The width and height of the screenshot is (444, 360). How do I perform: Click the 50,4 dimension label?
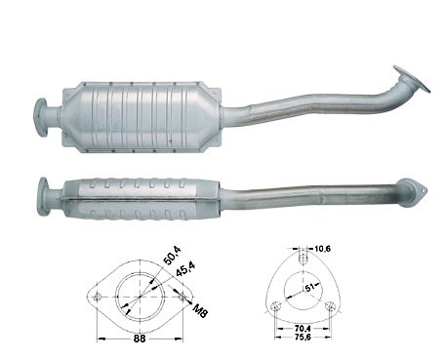coord(172,256)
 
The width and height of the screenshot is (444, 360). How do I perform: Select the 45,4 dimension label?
coord(185,269)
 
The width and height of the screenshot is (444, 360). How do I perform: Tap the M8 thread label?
coord(200,310)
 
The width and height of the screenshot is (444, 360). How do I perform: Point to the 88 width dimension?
coord(140,339)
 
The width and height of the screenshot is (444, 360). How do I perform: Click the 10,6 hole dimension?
coord(322,249)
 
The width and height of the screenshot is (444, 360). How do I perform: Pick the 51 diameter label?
coord(310,288)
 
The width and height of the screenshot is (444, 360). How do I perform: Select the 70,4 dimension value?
coord(303,330)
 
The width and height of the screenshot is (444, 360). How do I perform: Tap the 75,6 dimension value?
coord(303,338)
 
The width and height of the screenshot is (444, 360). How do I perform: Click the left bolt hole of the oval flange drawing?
coord(97,298)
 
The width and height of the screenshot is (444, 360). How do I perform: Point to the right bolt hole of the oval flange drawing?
coord(182,298)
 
